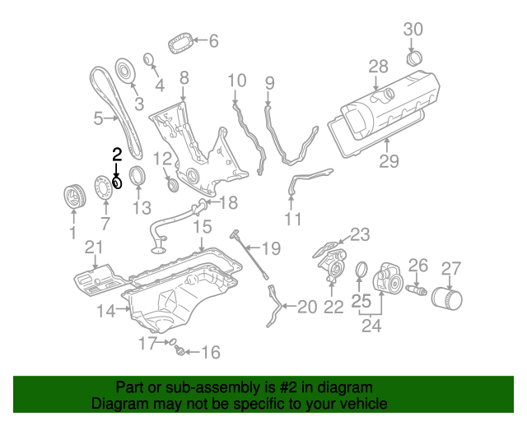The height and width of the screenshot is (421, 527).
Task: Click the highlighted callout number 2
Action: (x=117, y=153)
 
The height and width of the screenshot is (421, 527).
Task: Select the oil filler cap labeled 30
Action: (x=415, y=59)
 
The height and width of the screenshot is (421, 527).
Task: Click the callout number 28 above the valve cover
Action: (x=378, y=66)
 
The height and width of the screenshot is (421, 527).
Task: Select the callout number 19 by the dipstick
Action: (x=271, y=248)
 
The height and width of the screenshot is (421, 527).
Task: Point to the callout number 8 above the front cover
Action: (x=184, y=78)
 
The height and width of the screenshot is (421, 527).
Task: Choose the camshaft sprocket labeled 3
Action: (x=126, y=72)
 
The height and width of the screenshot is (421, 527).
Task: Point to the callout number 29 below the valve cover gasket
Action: (x=389, y=161)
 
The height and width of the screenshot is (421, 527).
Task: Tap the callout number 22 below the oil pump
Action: (x=333, y=308)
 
